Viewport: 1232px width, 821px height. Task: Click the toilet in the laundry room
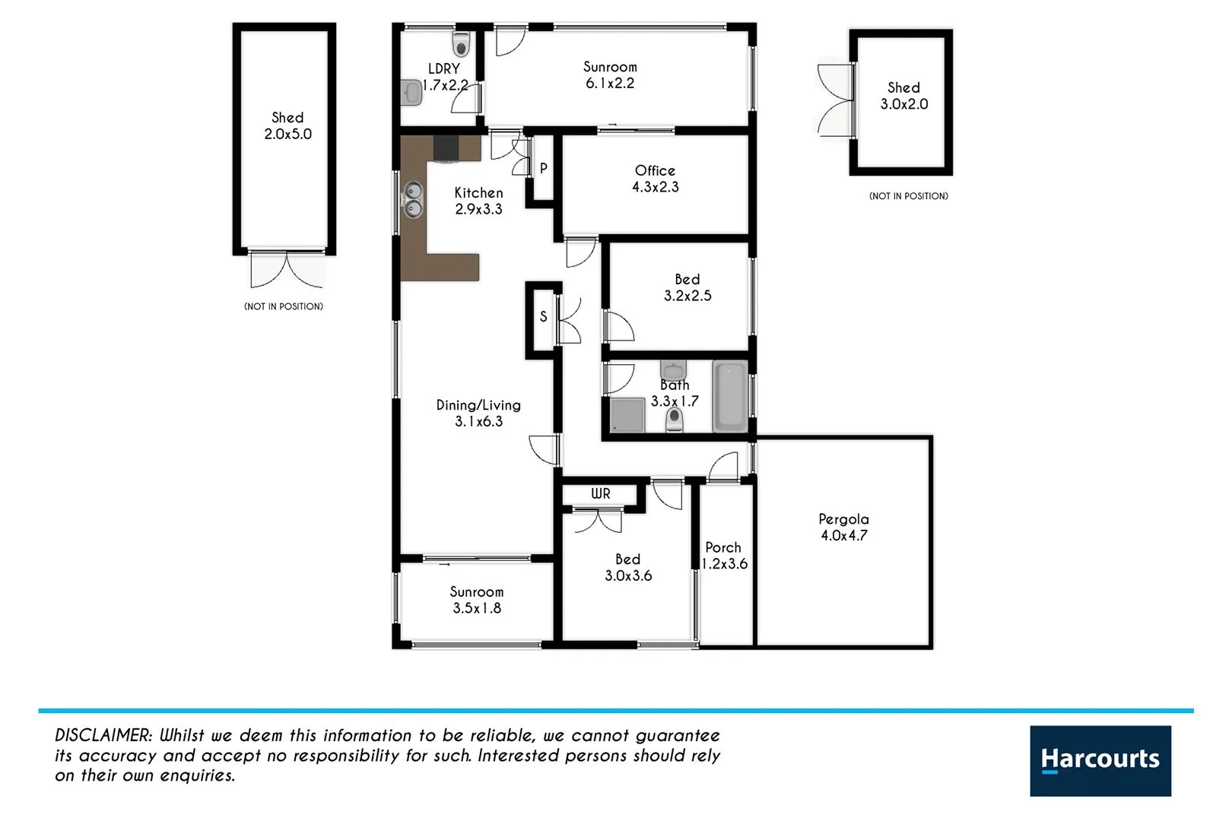(461, 44)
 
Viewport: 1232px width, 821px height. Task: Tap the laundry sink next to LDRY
(411, 93)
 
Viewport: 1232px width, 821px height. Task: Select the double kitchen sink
(413, 199)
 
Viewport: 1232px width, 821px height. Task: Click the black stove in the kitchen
(446, 147)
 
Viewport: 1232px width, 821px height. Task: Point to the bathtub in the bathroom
(730, 398)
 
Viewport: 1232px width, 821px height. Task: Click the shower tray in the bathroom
(627, 415)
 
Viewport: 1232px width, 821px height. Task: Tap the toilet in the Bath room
(674, 418)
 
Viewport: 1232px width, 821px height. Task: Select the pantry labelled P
(543, 169)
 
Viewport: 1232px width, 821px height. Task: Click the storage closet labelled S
(543, 316)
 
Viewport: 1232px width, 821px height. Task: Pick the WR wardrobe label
(601, 493)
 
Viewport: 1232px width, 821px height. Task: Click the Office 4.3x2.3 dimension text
(656, 187)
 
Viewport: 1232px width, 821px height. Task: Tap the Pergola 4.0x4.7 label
(843, 527)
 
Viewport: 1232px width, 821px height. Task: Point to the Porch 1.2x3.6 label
(724, 556)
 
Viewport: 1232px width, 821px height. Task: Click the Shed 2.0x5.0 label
(287, 125)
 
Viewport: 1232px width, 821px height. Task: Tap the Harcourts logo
(1100, 760)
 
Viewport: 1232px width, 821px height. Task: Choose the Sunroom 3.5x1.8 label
(477, 600)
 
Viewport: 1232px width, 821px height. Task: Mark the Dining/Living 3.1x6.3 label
(478, 413)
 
